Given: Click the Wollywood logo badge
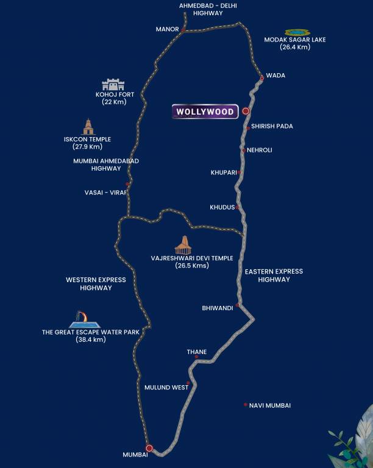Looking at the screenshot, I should (205, 112).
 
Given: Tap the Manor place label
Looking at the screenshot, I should (167, 29).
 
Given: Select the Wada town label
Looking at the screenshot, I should (275, 76).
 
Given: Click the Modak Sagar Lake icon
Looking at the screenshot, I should (297, 32).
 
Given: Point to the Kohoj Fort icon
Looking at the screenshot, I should (113, 85).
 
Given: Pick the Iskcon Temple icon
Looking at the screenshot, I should (89, 127).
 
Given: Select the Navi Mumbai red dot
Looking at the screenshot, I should (245, 405).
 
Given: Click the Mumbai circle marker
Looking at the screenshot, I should (149, 448).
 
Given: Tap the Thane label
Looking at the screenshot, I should (197, 352).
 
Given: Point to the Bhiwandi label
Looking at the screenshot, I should (218, 308).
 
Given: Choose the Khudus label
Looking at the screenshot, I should (222, 208).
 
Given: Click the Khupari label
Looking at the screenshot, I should (223, 172).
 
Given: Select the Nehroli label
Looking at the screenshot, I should (260, 150).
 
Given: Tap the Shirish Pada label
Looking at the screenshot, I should (272, 127).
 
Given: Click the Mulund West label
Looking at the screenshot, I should (166, 388).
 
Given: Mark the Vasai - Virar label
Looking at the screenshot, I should (105, 193).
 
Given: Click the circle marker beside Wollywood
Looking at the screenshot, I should (246, 112).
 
